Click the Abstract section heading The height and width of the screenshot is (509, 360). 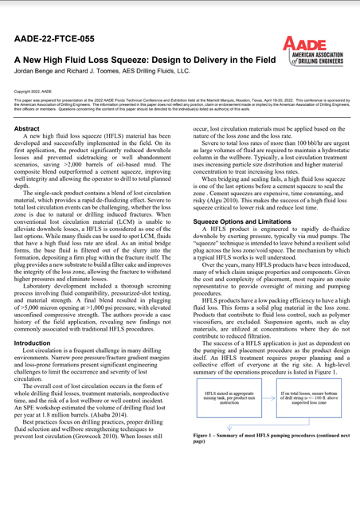pos(28,128)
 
